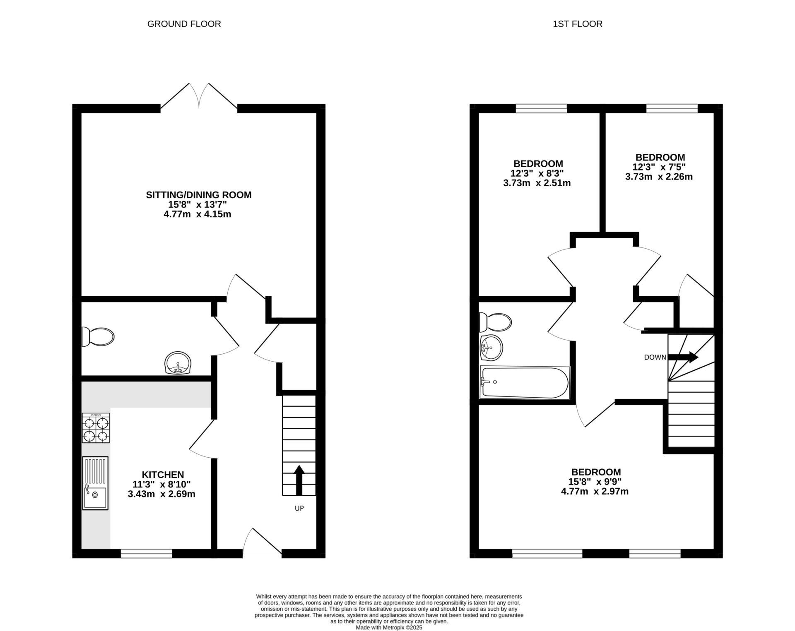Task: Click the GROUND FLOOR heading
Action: point(184,24)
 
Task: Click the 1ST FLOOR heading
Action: point(577,24)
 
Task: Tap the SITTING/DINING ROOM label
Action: point(199,195)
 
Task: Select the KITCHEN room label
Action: point(163,475)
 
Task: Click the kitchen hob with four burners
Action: point(96,428)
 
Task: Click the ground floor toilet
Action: point(98,337)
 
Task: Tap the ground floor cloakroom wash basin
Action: point(178,363)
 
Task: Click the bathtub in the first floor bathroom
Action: point(524,383)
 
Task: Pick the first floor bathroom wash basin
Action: point(491,348)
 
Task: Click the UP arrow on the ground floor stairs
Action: point(299,480)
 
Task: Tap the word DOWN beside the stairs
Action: point(655,357)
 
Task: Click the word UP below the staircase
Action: point(299,509)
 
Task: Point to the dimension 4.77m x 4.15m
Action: point(198,214)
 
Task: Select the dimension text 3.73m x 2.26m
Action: point(659,177)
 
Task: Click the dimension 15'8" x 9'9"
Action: point(595,482)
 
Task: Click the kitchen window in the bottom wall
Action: point(147,553)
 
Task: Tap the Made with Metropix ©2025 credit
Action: point(389,627)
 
